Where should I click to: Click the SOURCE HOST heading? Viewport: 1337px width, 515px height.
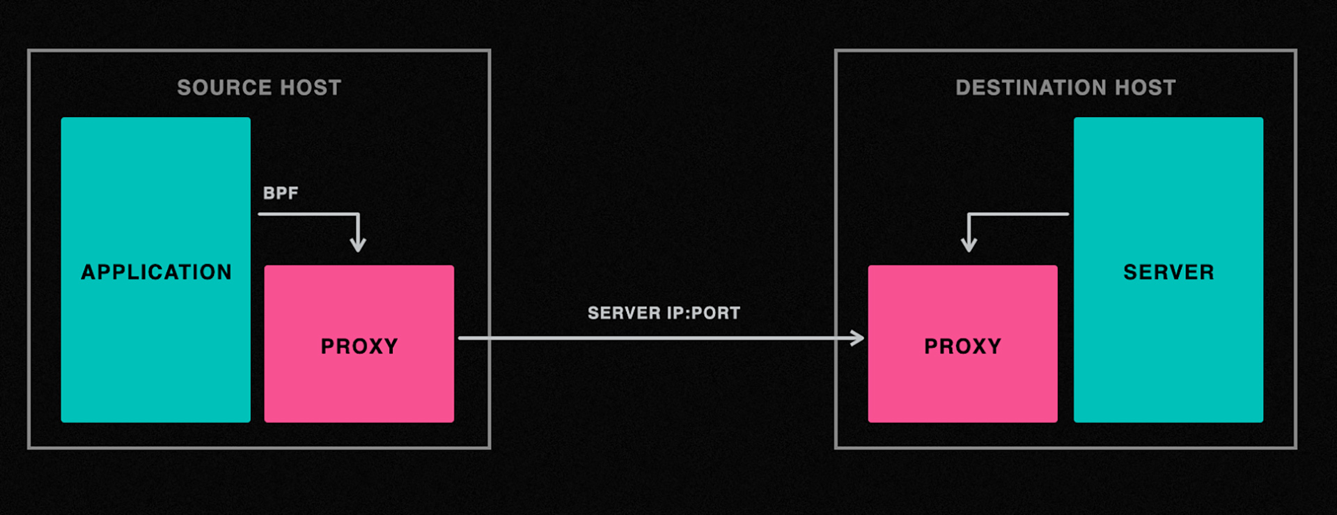point(259,88)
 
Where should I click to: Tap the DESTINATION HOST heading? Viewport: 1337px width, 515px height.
point(1065,88)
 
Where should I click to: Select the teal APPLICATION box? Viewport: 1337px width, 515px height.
point(156,270)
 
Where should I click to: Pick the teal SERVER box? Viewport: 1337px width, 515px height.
point(1168,270)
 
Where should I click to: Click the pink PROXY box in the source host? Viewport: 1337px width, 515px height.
point(359,344)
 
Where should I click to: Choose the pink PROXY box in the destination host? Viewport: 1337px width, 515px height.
point(963,344)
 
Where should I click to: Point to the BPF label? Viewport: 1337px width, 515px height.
point(281,193)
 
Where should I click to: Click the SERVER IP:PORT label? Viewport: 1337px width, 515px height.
point(664,313)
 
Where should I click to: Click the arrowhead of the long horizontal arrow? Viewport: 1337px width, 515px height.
point(857,339)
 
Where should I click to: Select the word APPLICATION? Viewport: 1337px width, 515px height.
point(156,272)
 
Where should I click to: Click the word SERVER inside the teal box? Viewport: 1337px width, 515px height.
point(1168,272)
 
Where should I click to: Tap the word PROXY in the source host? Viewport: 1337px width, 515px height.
point(359,346)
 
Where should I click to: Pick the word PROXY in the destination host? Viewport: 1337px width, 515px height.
point(963,346)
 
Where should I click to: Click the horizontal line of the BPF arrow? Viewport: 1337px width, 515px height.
point(308,214)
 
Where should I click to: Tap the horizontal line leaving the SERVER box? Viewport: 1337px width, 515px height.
point(1019,214)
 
